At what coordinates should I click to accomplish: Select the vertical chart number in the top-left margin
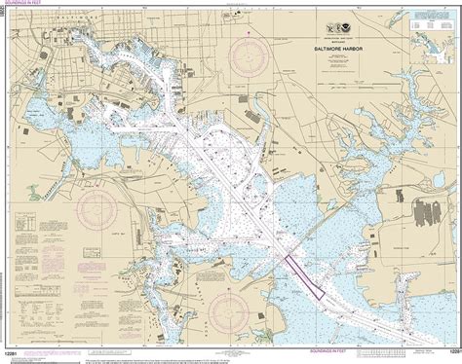click(x=5, y=20)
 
